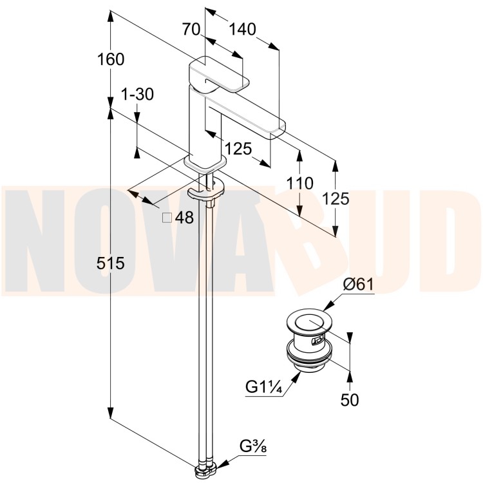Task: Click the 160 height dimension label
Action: click(x=111, y=59)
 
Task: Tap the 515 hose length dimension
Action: click(x=111, y=263)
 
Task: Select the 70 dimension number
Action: click(x=191, y=30)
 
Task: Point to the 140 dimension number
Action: click(x=242, y=30)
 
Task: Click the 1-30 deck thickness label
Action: click(x=137, y=94)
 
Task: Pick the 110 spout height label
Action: click(x=299, y=184)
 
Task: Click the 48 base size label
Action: click(x=184, y=218)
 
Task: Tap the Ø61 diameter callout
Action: click(x=358, y=284)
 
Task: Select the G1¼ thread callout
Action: click(x=263, y=386)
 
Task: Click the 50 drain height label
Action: click(x=350, y=400)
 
